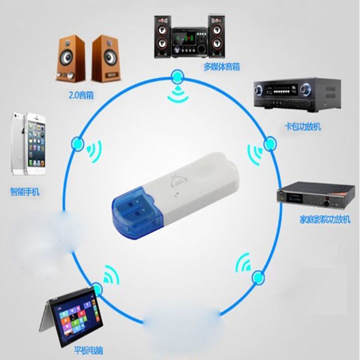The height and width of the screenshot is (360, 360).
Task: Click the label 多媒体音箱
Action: point(222,67)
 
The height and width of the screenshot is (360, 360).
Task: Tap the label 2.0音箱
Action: point(81,95)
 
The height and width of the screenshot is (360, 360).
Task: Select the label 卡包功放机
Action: point(302,127)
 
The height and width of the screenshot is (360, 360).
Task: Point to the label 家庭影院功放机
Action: point(325,219)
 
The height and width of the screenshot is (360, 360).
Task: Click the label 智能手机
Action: point(25,191)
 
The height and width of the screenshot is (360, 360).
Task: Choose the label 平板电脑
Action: point(88,351)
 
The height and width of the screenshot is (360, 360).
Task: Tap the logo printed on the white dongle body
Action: point(176,181)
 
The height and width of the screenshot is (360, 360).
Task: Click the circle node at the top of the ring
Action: point(177,77)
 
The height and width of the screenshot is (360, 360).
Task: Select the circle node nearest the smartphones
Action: point(78,144)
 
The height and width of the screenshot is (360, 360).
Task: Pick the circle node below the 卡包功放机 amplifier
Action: point(270,143)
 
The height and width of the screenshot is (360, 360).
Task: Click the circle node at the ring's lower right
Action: point(259,278)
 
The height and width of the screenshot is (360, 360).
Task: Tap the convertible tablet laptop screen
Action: point(76,318)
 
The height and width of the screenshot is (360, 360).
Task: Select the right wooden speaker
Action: point(106,59)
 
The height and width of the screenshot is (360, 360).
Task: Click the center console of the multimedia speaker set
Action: point(189,43)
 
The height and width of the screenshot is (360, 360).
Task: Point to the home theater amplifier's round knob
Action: point(327,203)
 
